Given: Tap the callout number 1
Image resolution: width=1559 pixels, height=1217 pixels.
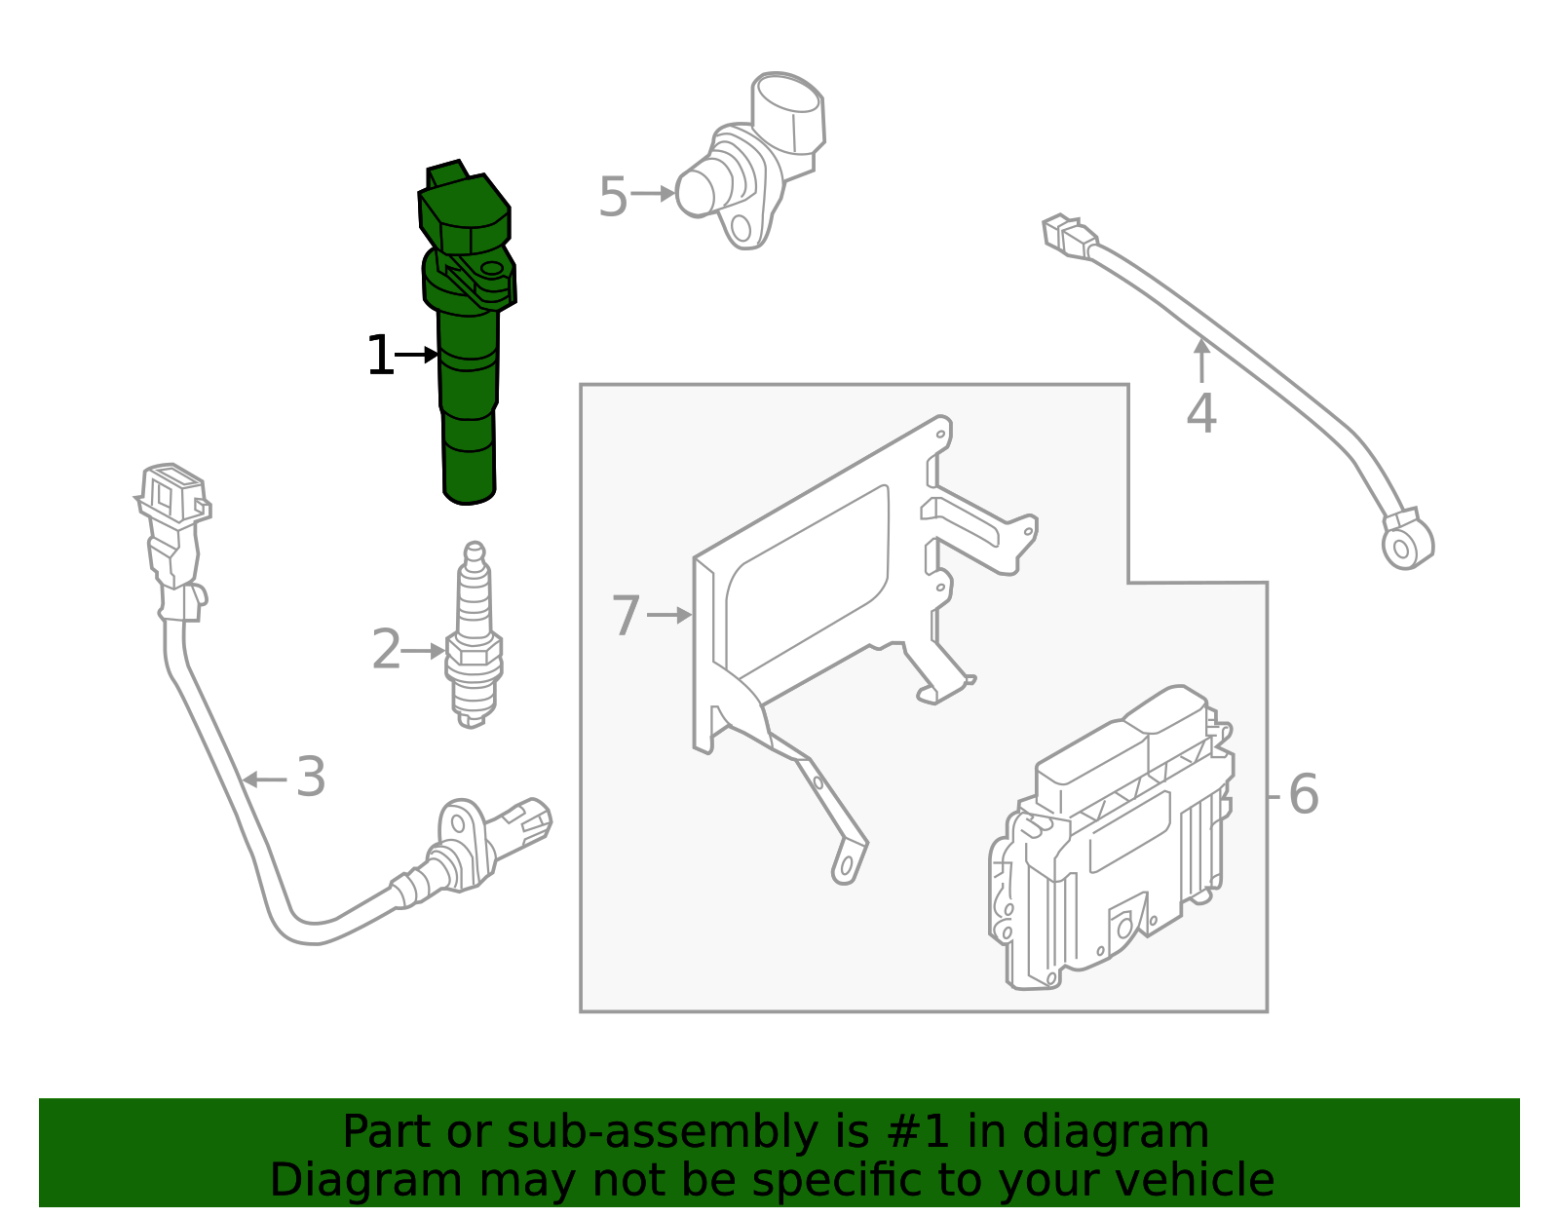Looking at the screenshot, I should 379,356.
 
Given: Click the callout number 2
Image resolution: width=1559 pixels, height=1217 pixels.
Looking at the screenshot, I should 386,651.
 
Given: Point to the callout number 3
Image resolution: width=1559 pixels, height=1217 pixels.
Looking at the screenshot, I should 310,778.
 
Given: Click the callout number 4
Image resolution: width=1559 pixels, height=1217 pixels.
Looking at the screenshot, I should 1200,414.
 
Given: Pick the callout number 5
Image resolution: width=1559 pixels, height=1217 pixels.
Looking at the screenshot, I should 612,198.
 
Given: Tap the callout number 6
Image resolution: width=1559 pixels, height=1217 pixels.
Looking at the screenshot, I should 1303,794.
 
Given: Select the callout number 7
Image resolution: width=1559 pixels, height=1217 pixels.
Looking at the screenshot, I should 626,616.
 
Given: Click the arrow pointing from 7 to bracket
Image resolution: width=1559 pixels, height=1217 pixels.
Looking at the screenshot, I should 669,616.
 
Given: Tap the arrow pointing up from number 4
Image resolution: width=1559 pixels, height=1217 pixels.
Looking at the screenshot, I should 1201,358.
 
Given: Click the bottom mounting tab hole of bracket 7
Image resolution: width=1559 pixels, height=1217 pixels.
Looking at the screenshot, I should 848,865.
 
